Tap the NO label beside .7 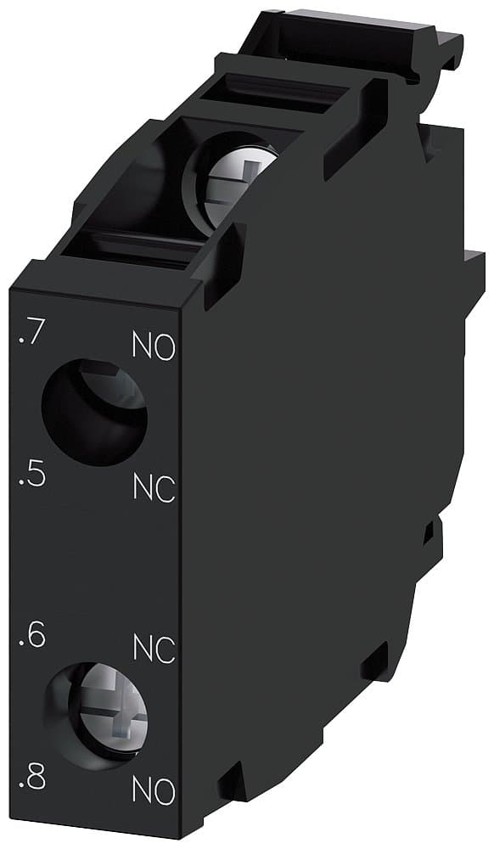(154, 347)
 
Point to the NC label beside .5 (154, 488)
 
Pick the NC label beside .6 (154, 649)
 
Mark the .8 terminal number (31, 779)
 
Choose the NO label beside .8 (154, 791)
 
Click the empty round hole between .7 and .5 (93, 411)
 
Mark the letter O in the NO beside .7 (166, 347)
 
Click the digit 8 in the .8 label (36, 779)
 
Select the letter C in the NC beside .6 (166, 649)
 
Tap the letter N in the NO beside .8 (143, 791)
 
